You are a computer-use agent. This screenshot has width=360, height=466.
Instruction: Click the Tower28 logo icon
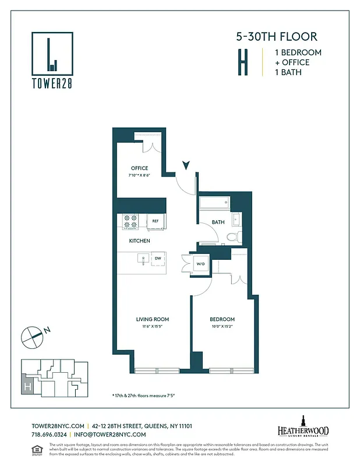click(x=52, y=54)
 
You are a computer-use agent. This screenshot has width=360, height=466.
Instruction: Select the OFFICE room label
click(x=139, y=168)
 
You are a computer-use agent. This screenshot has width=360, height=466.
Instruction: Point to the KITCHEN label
click(x=139, y=241)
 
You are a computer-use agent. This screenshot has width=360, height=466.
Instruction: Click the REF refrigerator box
click(x=156, y=221)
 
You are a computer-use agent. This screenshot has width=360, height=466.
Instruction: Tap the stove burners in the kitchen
click(x=130, y=221)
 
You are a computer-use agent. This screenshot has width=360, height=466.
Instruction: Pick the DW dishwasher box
click(x=157, y=257)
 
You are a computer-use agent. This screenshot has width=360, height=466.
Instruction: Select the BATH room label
click(x=218, y=222)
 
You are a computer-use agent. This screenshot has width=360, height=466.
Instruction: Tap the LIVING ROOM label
click(x=153, y=319)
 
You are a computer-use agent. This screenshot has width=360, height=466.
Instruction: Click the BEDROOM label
click(x=223, y=319)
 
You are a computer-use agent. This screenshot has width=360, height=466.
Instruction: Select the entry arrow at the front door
click(x=186, y=165)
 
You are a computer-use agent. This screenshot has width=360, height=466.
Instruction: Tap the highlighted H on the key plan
click(x=27, y=386)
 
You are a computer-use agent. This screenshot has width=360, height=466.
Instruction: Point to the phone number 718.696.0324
click(x=48, y=435)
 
